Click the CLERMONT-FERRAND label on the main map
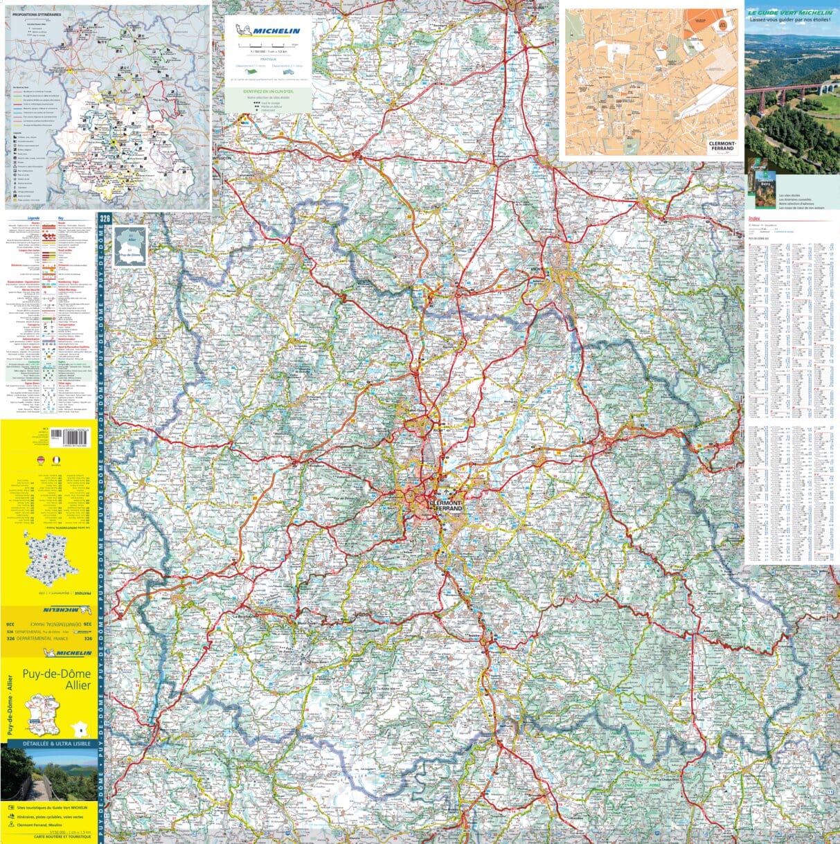click(x=451, y=505)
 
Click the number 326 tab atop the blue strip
click(x=105, y=219)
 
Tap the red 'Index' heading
click(x=754, y=218)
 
